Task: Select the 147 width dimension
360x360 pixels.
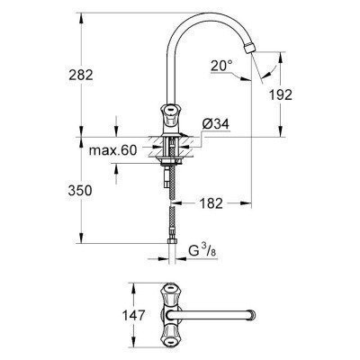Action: [x=113, y=316]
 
